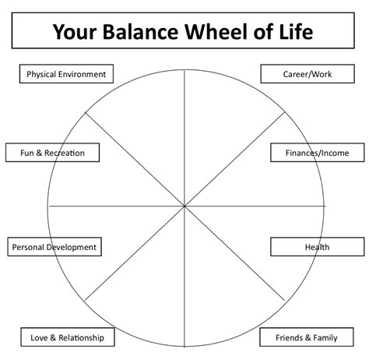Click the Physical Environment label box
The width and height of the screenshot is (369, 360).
(66, 74)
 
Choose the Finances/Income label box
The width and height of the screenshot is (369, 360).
(317, 153)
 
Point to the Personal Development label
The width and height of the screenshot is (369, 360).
(54, 247)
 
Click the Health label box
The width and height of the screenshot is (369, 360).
(317, 247)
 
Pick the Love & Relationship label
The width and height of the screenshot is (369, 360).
(66, 337)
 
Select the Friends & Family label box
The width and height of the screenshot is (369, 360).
(306, 337)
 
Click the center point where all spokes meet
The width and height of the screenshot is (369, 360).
(185, 206)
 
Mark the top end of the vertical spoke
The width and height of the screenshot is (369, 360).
(185, 69)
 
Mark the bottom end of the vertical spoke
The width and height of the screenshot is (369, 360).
(185, 344)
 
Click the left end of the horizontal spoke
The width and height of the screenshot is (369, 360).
(49, 206)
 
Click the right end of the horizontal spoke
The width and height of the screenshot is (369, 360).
(323, 206)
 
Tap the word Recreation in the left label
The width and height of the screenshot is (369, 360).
(65, 153)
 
